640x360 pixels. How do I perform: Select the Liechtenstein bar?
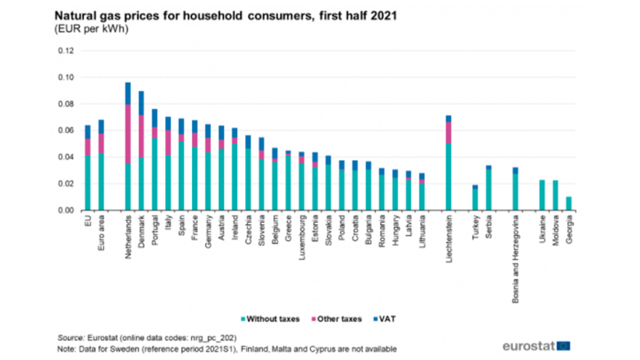click(449, 163)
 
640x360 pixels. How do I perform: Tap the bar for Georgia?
click(569, 203)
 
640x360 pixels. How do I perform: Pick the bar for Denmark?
click(141, 151)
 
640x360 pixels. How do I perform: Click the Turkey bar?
click(475, 198)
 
